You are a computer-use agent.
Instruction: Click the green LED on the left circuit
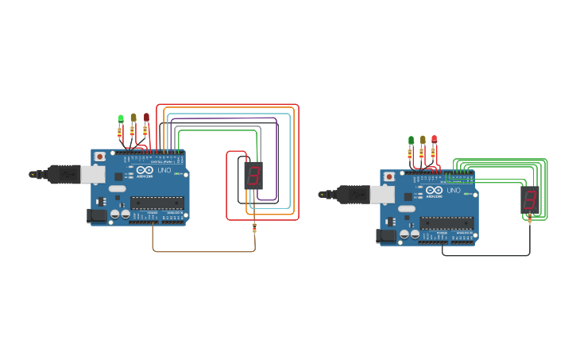coord(121,118)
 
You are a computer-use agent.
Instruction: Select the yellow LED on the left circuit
coord(133,118)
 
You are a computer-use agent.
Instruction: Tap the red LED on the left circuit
coord(146,117)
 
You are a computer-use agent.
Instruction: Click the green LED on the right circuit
coord(411,141)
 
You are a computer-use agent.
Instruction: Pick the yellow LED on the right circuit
coord(423,140)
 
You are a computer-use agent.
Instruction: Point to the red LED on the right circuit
coord(434,139)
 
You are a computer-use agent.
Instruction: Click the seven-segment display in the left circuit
coord(253,175)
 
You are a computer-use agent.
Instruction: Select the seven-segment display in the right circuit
coord(530,199)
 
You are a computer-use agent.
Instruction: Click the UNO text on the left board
coord(163,170)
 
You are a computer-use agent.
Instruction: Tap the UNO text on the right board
coord(453,191)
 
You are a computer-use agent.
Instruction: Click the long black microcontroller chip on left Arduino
coord(157,203)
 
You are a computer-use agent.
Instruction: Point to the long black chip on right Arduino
coord(446,224)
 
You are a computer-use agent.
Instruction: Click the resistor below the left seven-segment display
coord(254,229)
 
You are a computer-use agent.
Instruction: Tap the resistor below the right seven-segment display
coord(529,219)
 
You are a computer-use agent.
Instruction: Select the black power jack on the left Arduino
coord(96,215)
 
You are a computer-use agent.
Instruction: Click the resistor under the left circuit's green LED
coord(120,134)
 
